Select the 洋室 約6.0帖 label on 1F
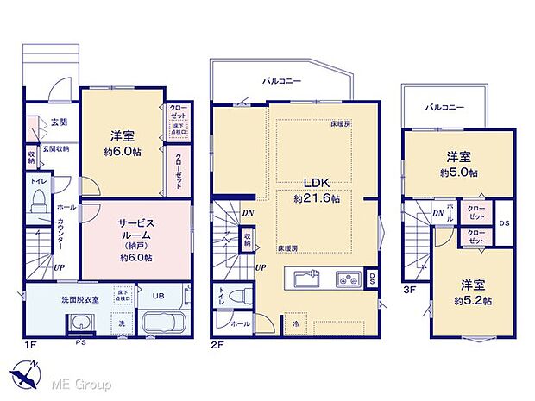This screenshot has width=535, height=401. point(121,143)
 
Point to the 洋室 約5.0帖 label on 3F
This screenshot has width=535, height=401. point(458,163)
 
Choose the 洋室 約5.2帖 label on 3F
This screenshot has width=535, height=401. point(475,293)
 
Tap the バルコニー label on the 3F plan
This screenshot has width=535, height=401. point(444,108)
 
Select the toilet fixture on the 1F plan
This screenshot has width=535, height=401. point(38,198)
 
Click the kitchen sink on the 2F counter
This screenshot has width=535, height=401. point(307,279)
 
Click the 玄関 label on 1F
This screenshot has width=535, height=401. point(59,122)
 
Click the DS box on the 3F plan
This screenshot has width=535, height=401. point(504,222)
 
